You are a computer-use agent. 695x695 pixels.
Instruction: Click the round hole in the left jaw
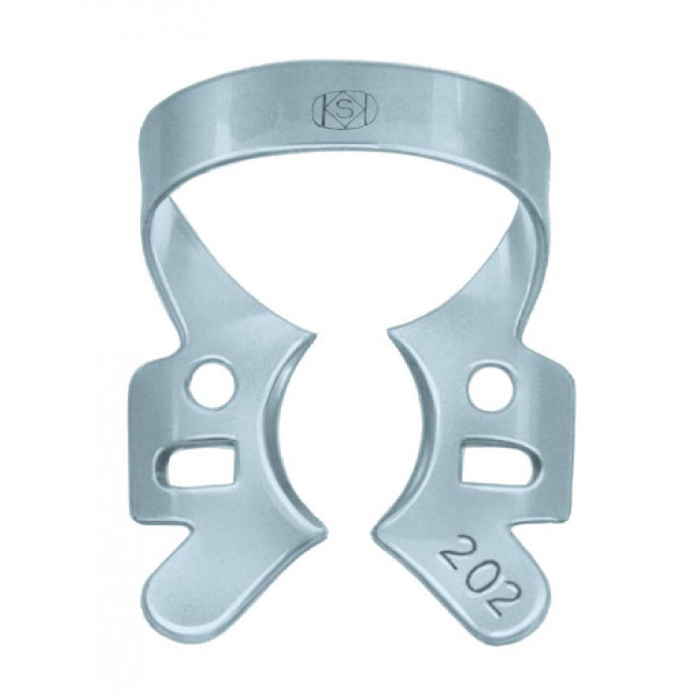pos(210,382)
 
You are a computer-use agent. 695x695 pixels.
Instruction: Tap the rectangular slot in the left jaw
pos(196,461)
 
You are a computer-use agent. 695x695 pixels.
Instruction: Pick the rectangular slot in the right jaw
pos(500,464)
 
